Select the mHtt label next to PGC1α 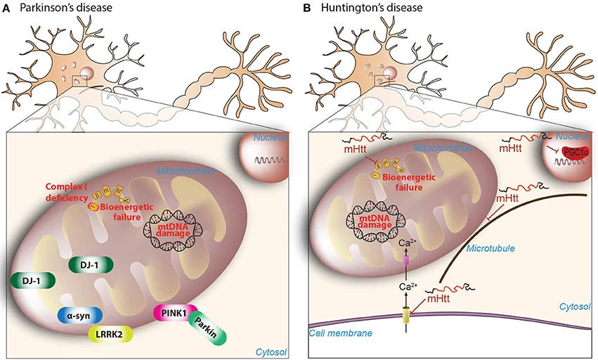(x=512, y=149)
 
